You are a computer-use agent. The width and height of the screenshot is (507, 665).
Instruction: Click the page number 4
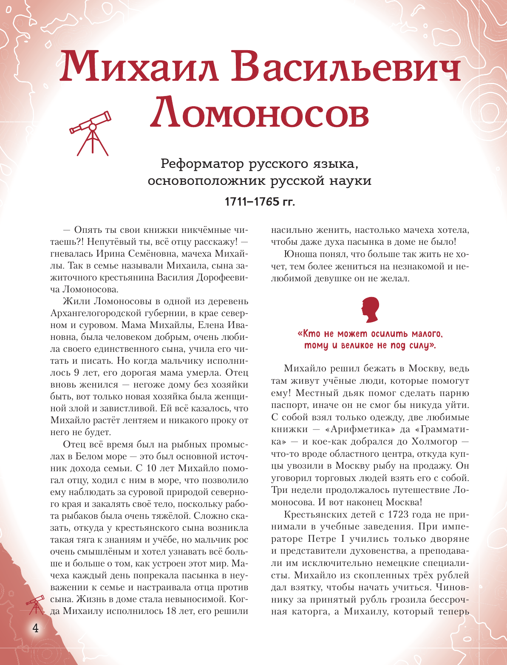click(35, 628)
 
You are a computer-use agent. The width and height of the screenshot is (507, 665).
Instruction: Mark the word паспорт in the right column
click(289, 405)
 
